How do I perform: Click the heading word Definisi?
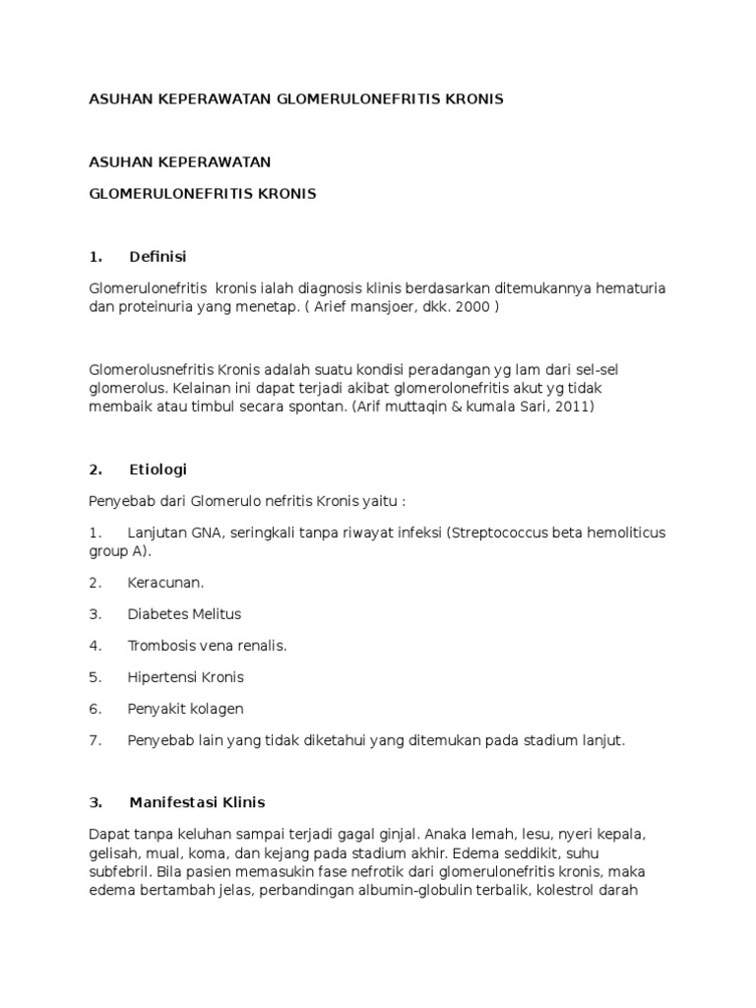[157, 257]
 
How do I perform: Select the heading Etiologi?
[157, 470]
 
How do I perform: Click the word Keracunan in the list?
[165, 582]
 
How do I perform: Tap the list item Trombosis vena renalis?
[207, 645]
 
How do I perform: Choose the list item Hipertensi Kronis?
[185, 677]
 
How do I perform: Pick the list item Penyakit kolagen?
[185, 709]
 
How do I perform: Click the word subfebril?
[121, 872]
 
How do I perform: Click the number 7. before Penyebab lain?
[95, 740]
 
